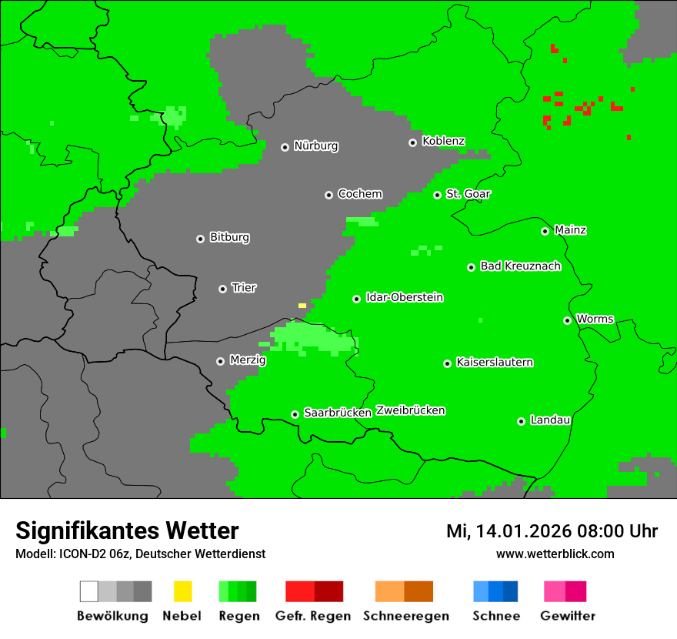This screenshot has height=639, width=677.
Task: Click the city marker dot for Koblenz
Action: click(x=412, y=142)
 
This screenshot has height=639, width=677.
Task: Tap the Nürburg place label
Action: click(x=315, y=146)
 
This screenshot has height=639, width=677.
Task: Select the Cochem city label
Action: click(x=359, y=194)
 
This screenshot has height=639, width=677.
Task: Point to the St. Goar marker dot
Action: click(x=437, y=195)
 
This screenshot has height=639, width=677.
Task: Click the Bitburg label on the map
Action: click(x=229, y=238)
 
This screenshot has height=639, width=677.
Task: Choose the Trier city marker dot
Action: click(x=222, y=289)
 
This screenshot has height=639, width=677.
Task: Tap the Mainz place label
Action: click(x=570, y=230)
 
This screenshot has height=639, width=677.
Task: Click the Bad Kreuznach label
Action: click(x=520, y=266)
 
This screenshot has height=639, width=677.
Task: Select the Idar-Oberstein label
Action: click(x=404, y=298)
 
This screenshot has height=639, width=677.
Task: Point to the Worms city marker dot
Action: click(x=567, y=320)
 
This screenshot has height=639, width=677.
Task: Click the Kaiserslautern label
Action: click(x=494, y=363)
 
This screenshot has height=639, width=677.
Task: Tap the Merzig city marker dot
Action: click(x=220, y=361)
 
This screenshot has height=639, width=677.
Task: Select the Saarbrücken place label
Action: click(x=337, y=413)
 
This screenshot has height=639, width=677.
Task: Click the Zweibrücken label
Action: click(x=410, y=411)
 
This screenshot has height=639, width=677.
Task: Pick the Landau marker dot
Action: click(x=521, y=421)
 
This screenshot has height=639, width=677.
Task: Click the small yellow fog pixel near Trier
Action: click(x=302, y=306)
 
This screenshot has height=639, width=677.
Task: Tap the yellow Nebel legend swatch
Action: click(x=182, y=591)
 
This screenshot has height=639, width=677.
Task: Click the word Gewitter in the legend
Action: click(x=567, y=616)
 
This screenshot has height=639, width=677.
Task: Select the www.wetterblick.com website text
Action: click(x=555, y=554)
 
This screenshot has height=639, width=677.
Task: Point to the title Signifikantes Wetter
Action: click(x=127, y=531)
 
